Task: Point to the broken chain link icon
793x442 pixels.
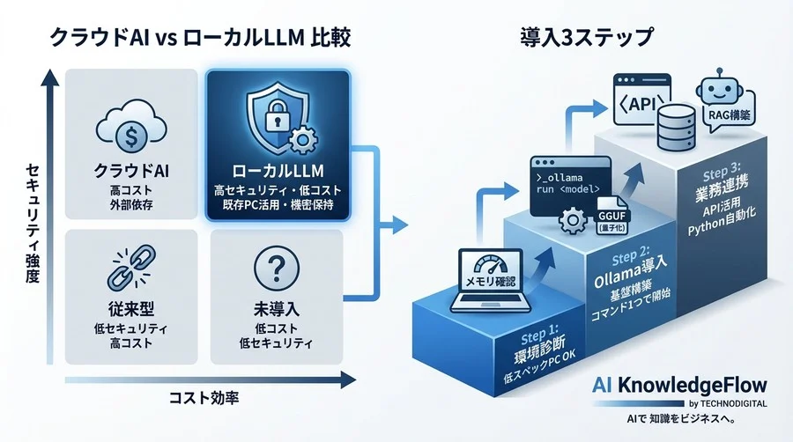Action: point(130,269)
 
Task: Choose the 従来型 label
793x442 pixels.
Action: point(130,310)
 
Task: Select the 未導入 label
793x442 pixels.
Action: point(275,310)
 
